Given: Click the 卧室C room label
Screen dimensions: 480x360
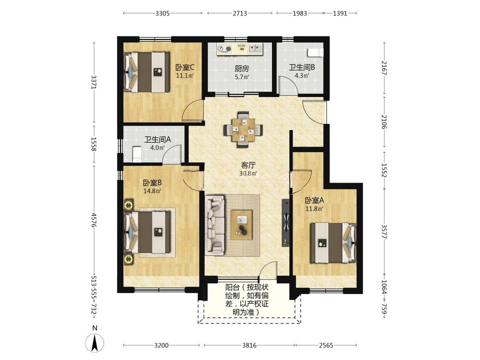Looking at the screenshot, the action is click(185, 67).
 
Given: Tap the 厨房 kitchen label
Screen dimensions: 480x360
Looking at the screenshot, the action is click(242, 68).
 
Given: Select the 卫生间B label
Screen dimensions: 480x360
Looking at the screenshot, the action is click(302, 67).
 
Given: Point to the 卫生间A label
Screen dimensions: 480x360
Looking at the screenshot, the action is click(157, 139).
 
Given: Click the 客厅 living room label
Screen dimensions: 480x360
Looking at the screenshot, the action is click(248, 165).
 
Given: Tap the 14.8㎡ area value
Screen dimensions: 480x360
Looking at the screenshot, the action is click(152, 191).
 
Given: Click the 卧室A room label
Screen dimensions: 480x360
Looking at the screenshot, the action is click(314, 200).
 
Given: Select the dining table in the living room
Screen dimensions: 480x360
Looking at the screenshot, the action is click(243, 130).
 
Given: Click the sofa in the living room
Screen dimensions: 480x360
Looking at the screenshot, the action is click(215, 226).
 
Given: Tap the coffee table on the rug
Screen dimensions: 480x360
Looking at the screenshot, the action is click(241, 225).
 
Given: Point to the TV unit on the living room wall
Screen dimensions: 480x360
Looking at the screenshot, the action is click(285, 223).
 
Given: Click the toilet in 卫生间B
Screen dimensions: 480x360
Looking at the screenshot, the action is click(315, 52).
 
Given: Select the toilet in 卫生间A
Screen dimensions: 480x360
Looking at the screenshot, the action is click(137, 154).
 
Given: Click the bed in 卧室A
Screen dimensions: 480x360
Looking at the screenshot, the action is click(333, 243).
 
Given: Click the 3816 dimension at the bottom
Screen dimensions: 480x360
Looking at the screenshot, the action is click(249, 345).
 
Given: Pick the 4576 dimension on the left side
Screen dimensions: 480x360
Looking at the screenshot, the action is click(94, 221).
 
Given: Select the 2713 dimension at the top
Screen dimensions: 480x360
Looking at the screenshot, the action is click(240, 13).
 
